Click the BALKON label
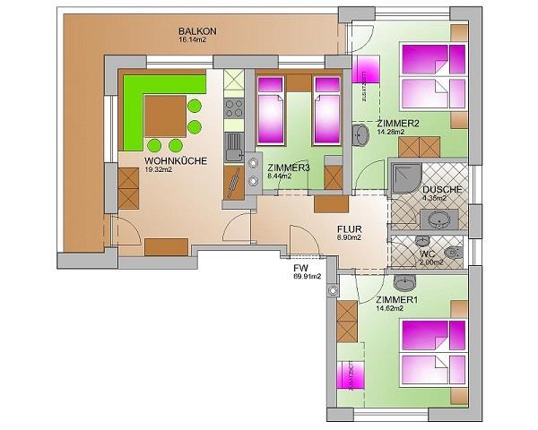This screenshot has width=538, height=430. (x=197, y=30)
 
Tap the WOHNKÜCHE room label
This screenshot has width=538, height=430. (x=176, y=161)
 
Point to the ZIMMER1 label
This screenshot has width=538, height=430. (x=397, y=299)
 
